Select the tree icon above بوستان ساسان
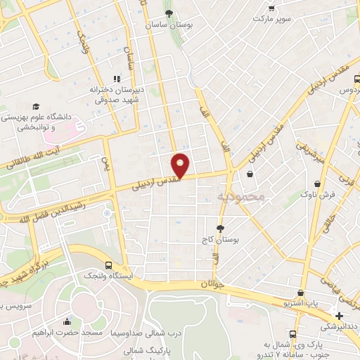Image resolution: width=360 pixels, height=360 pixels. point(168,13)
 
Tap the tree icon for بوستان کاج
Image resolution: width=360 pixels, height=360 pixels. point(220,228)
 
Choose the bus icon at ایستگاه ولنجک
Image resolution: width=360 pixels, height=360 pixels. point(108,265)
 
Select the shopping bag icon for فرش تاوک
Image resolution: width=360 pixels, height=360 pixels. point(318,183)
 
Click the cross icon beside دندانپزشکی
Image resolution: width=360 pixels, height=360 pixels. point(339,316)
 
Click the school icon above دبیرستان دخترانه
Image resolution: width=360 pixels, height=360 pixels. point(117,79)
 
